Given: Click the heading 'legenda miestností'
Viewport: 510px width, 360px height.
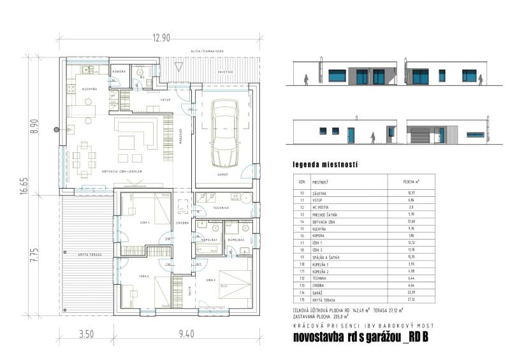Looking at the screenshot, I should (324, 164).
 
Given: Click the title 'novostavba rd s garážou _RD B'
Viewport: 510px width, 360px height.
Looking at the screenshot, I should (360, 336).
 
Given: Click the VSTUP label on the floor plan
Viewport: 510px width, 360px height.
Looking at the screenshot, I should (165, 100).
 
